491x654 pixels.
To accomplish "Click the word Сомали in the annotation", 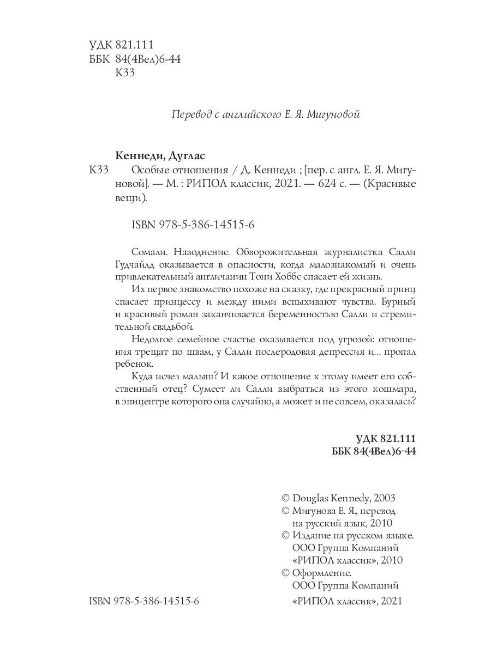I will [148, 252].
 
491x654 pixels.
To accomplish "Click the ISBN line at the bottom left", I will [144, 601].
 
